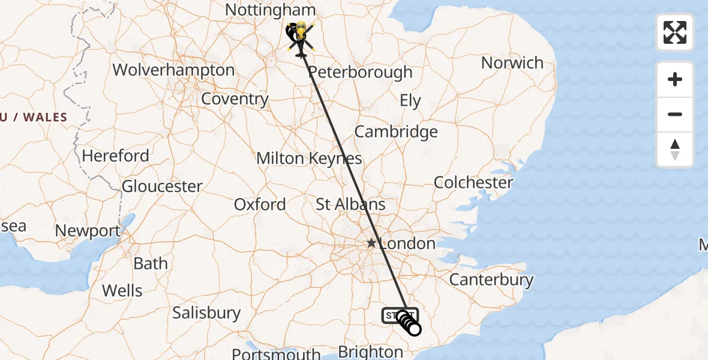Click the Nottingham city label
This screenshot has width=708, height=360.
[x=270, y=10]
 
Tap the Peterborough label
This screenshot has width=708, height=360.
[x=360, y=73]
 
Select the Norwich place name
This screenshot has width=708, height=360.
[x=512, y=62]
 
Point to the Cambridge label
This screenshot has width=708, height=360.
[x=396, y=132]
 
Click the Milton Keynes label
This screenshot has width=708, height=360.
[x=309, y=158]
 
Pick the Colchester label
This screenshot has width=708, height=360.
[x=473, y=182]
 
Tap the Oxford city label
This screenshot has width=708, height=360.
[x=260, y=205]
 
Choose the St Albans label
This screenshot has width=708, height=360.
[x=351, y=205]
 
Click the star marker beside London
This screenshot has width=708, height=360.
[x=371, y=244]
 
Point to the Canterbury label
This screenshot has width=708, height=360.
[x=491, y=280]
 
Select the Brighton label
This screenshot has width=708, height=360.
[x=370, y=352]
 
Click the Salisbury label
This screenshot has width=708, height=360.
[x=206, y=313]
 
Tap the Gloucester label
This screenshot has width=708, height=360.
[x=162, y=187]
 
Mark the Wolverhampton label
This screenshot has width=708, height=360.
[x=173, y=70]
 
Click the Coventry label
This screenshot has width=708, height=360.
[x=235, y=99]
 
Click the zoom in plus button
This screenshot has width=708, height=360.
[x=675, y=80]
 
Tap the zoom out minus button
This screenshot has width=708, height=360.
[x=675, y=115]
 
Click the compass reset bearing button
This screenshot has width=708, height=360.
[x=675, y=149]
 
